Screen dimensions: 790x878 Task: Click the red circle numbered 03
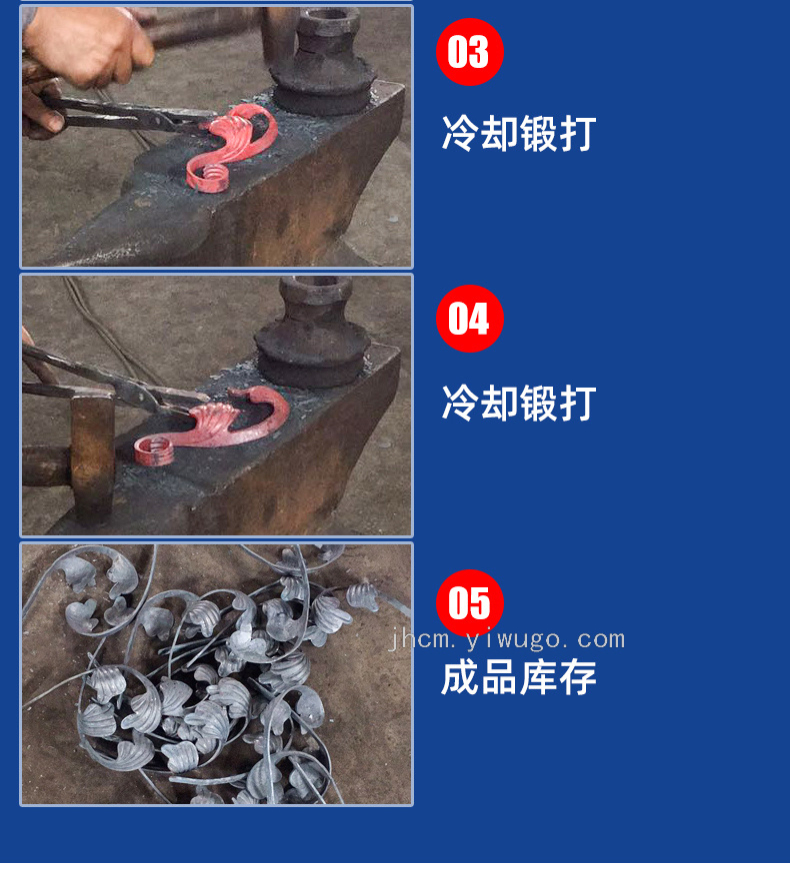pos(470,52)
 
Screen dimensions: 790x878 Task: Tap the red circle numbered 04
pos(470,318)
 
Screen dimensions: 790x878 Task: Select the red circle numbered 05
pos(470,603)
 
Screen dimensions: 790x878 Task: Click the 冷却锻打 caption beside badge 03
pos(519,133)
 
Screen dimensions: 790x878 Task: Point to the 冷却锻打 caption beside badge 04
pos(519,403)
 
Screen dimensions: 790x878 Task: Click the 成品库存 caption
pos(519,677)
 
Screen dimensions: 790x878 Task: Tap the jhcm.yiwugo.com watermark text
pos(507,639)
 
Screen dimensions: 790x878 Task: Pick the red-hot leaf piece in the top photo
pos(231,147)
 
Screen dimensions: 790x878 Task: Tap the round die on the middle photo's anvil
pos(312,334)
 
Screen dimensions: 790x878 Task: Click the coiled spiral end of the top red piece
pos(209,178)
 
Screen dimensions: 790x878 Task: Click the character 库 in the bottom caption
pos(538,677)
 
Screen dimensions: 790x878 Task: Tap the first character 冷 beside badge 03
pos(460,133)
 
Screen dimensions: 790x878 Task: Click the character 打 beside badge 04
pos(578,403)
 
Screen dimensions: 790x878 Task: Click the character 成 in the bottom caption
pos(460,677)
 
